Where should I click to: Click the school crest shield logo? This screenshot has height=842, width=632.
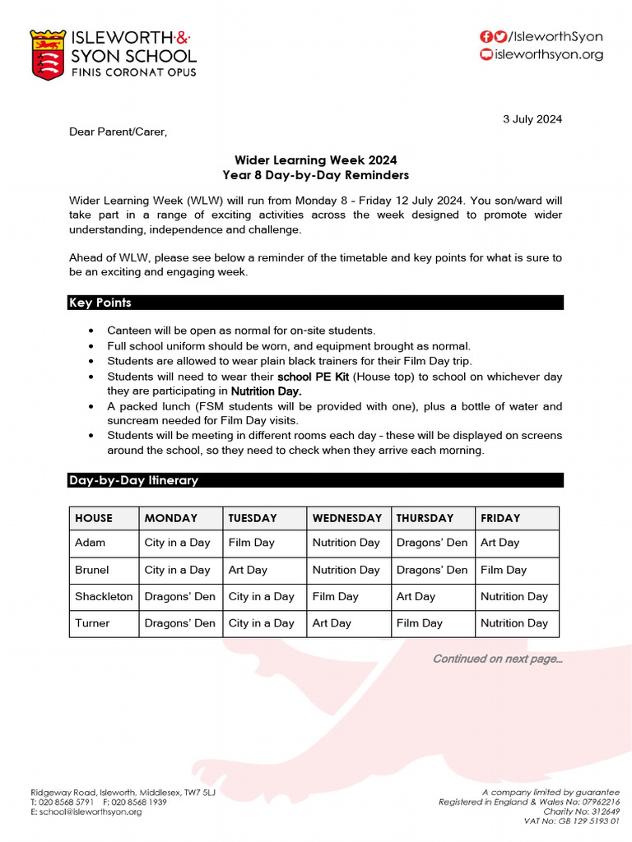point(47,55)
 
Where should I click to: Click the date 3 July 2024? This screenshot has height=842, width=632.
point(532,119)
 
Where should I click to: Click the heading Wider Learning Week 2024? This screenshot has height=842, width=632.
point(315,160)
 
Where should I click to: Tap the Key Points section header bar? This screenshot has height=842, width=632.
point(315,303)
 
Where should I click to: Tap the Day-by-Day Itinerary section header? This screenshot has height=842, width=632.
point(315,480)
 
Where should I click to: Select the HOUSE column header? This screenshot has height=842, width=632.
point(94,518)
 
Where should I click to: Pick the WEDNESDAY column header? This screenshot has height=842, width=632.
point(346,518)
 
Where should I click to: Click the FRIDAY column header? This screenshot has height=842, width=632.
point(500,518)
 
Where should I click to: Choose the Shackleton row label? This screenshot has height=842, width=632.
point(103,597)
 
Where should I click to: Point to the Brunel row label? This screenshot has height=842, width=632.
point(91,570)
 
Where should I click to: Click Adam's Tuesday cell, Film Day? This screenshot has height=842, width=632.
point(251,543)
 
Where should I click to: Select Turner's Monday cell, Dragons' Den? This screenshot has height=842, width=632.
point(179,623)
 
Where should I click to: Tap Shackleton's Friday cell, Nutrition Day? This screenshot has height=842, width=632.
point(513,597)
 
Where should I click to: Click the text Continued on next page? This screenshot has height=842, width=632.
point(497,659)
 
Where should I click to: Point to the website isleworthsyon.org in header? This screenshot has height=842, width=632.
point(547,55)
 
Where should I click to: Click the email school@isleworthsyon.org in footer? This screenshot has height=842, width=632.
point(86,812)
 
